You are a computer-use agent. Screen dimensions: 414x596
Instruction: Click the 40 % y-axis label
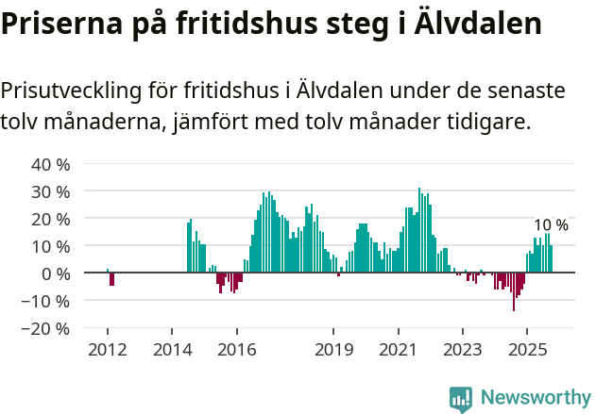[51, 164]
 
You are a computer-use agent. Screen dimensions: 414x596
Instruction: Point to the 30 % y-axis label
[51, 191]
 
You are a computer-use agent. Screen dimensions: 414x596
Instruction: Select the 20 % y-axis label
[51, 219]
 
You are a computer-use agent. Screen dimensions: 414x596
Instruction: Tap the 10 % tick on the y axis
[51, 246]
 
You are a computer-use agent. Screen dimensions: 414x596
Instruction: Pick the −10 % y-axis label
[46, 301]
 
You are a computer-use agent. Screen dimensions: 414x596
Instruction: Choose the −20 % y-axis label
[46, 329]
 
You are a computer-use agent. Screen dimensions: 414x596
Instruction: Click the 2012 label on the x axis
[107, 350]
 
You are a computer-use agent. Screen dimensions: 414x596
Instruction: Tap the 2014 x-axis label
[171, 350]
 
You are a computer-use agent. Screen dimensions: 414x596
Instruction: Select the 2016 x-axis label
[236, 350]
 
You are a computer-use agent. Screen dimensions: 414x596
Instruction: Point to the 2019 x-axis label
[332, 350]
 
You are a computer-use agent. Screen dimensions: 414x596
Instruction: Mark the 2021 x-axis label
[398, 350]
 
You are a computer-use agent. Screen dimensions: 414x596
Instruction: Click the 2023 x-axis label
[462, 350]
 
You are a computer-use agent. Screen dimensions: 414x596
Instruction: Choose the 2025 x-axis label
[526, 350]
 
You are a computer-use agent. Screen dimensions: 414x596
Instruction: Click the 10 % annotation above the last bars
[551, 225]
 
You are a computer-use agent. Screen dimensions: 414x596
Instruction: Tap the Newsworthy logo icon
[461, 399]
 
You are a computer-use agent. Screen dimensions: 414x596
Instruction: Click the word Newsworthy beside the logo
[535, 399]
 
